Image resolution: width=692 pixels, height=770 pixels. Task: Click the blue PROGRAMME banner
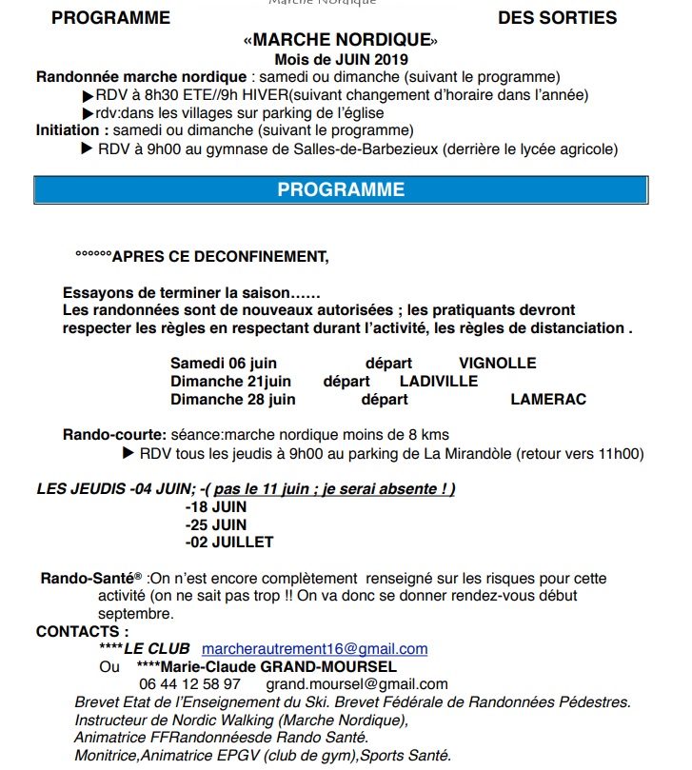click(x=341, y=189)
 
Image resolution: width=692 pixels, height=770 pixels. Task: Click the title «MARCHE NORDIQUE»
click(x=341, y=41)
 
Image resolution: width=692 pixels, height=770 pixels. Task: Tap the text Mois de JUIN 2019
click(x=341, y=60)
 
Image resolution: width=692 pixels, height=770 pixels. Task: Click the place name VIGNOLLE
click(x=497, y=363)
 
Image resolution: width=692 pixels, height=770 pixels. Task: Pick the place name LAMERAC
click(x=548, y=399)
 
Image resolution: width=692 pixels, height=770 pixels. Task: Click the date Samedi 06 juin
click(x=224, y=363)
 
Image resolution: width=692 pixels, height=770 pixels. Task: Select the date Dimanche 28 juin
click(x=233, y=399)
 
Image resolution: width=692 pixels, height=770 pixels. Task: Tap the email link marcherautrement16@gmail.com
click(x=314, y=648)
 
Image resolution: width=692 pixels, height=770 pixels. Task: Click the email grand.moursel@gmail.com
click(x=356, y=683)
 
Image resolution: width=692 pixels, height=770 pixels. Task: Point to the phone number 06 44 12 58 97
click(x=189, y=683)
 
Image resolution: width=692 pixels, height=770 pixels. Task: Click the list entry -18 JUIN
click(x=216, y=507)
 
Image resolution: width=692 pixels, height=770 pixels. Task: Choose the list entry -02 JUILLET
click(x=229, y=542)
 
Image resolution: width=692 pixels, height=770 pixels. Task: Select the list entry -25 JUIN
click(x=216, y=524)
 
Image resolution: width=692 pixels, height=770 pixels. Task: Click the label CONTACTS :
click(x=82, y=631)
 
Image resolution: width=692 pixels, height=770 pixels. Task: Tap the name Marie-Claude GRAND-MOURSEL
click(x=277, y=666)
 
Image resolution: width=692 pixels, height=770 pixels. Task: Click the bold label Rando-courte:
click(x=115, y=435)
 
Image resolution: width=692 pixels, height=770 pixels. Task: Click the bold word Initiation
click(x=69, y=129)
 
